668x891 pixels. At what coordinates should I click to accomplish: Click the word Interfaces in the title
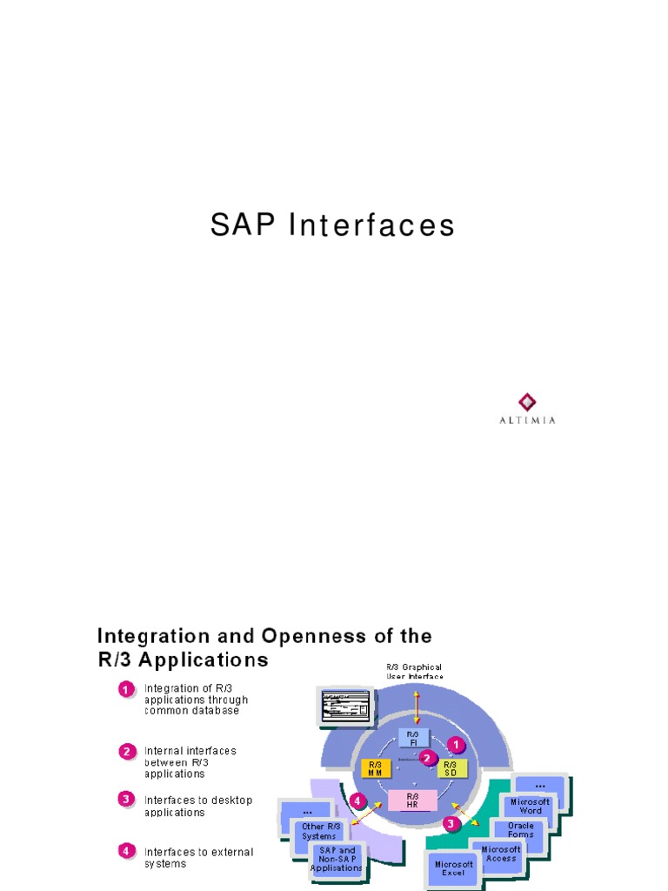pos(371,225)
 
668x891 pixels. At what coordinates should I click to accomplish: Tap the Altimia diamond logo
pos(527,401)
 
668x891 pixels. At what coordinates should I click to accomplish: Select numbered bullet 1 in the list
pos(126,689)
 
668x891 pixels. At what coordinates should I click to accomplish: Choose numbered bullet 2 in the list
pos(126,750)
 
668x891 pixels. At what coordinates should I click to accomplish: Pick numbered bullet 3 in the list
pos(126,798)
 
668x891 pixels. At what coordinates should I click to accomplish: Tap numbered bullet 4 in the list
pos(126,850)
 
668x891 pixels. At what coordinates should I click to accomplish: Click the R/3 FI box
pos(413,738)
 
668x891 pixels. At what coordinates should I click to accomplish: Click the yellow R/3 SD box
pos(451,768)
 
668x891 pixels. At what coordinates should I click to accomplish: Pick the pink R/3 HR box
pos(413,799)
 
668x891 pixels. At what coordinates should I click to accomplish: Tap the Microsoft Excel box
pos(453,868)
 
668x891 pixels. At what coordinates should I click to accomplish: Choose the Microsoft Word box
pos(531,806)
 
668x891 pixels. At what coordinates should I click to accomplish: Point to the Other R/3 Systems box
pos(320,831)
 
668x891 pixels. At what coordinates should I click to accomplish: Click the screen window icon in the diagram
pos(344,704)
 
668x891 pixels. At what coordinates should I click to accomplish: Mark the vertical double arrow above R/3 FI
pos(417,707)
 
